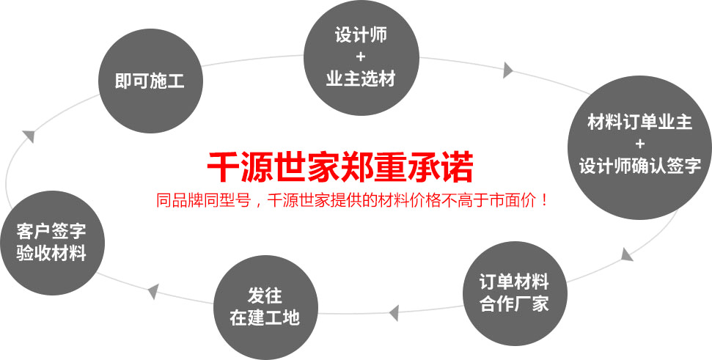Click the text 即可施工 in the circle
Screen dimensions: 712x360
pos(150,81)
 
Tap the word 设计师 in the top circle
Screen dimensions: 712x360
pos(361,35)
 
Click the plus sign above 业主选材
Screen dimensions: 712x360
pos(361,57)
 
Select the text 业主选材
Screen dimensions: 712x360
pos(361,79)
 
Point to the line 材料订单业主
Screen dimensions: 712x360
pos(640,122)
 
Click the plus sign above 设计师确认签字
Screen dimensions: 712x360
pos(640,144)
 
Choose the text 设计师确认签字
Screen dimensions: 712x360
pos(640,166)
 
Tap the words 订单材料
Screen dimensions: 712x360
pos(514,282)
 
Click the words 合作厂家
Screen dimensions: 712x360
pos(514,304)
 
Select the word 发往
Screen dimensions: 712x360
pos(265,296)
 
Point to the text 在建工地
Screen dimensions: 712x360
pos(265,317)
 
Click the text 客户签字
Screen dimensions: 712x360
pos(51,231)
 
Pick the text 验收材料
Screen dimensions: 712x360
pos(51,253)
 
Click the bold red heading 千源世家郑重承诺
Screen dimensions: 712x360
pos(340,168)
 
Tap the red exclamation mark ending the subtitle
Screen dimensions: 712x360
pos(545,200)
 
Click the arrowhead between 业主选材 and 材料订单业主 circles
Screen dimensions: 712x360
pos(508,70)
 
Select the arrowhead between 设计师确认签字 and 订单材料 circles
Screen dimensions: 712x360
pos(627,254)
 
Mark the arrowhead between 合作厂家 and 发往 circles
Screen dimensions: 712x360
pos(394,313)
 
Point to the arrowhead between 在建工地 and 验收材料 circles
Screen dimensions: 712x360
pos(153,291)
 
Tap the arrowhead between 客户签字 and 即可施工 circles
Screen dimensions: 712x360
pos(28,136)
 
